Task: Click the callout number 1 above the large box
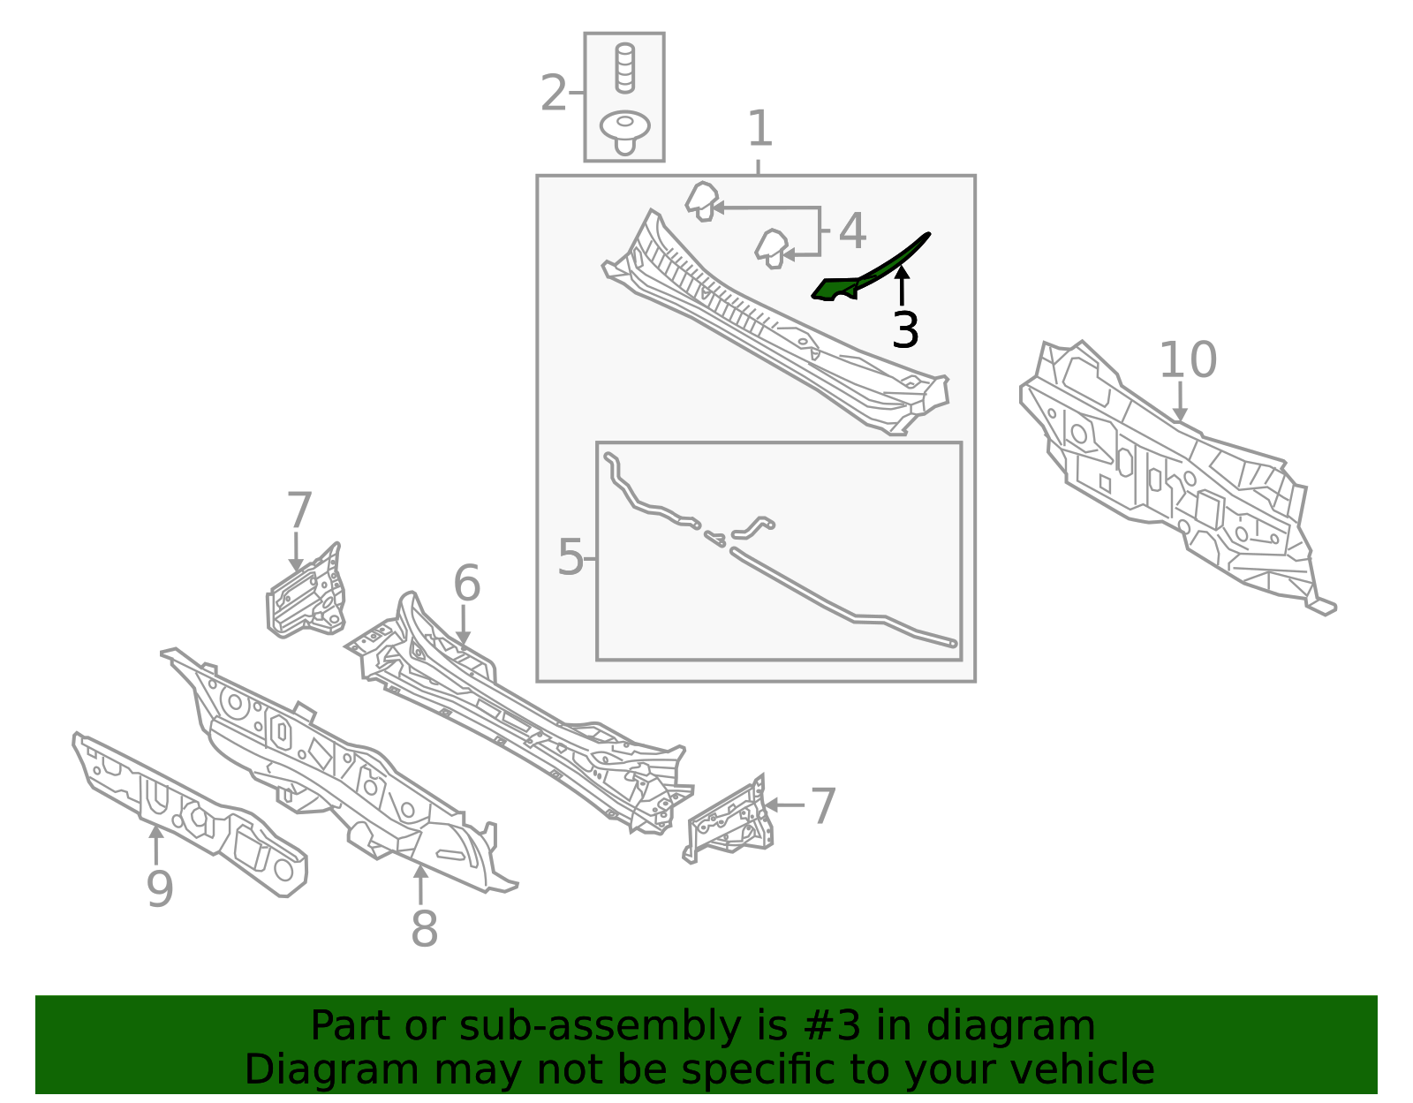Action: pos(760,128)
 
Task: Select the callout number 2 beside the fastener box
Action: pos(554,93)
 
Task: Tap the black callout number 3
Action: pos(906,329)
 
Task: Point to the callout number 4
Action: pos(852,230)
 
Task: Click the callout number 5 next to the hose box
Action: pos(570,557)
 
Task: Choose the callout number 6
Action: pos(467,583)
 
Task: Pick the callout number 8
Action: pos(424,929)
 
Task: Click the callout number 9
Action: pos(160,888)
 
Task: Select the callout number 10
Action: pos(1188,359)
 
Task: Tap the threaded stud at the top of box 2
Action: pos(625,68)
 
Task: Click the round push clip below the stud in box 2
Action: pos(625,132)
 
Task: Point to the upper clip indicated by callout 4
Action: pos(702,201)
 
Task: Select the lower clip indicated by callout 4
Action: pos(772,249)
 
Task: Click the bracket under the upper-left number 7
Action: pos(306,594)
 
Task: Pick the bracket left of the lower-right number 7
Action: pos(729,820)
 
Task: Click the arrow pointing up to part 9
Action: pos(155,845)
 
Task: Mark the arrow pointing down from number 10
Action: pos(1180,402)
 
